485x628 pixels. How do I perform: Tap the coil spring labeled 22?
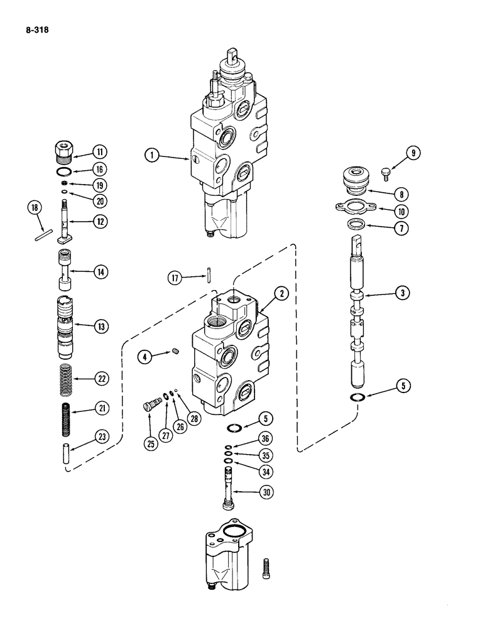(69, 379)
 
